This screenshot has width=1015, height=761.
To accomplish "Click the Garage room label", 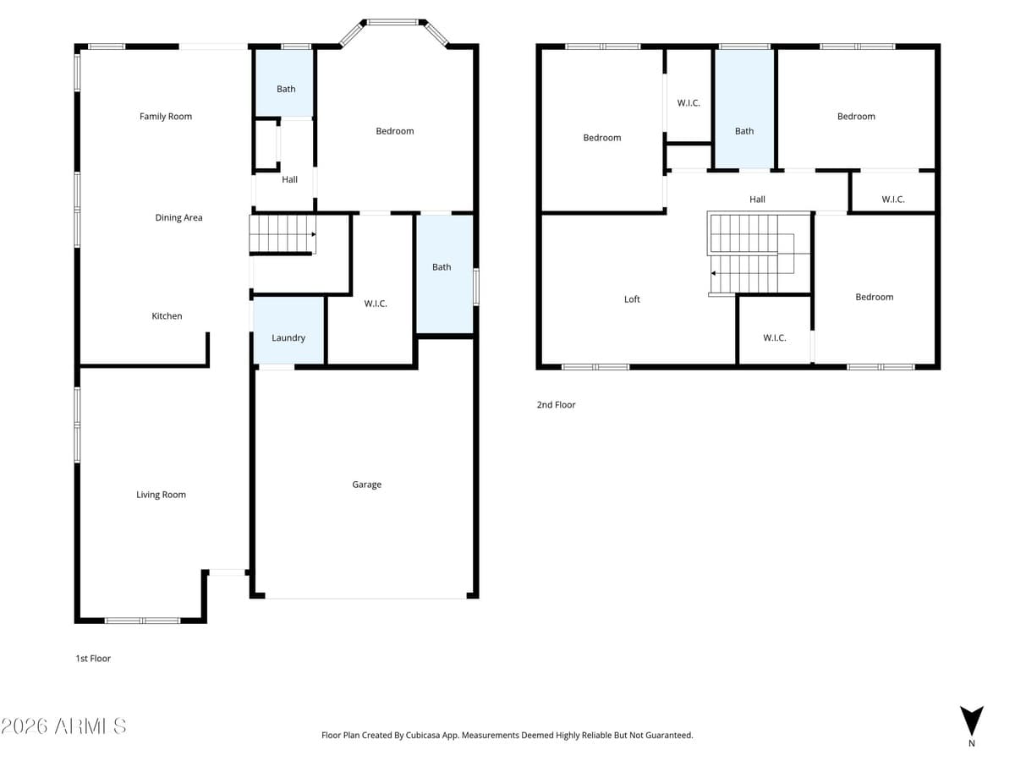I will pos(366,485).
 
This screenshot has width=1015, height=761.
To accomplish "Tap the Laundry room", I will pos(288,337).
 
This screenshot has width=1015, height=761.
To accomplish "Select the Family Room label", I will pos(166,117).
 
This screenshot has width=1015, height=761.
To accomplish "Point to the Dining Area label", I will pos(178,217).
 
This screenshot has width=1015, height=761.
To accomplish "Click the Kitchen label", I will pos(167,316).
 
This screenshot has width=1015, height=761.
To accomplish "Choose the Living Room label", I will pos(161,495).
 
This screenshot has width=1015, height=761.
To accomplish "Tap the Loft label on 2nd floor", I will pos(632,299).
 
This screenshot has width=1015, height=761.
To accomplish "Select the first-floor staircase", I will pos(283,234).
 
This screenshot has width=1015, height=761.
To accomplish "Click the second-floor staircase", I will pos(744,254).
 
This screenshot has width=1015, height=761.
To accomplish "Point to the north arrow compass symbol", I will pos(972,721).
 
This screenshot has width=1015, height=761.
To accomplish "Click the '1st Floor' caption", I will pos(93,658).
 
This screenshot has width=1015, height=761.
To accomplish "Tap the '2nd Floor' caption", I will pos(556,405).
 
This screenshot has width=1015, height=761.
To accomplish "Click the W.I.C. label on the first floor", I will pos(376,304).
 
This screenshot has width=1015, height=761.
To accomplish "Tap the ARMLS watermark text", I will pos(64,725).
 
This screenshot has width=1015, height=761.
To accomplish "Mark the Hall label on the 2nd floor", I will pos(757,200).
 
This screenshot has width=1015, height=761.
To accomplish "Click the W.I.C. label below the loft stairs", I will pos(774,337).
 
